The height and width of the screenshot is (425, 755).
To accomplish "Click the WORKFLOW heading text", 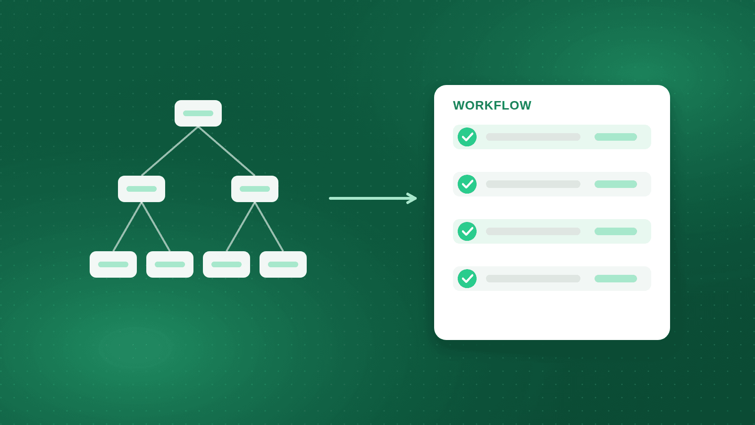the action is (492, 106).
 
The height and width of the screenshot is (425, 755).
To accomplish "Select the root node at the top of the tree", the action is (198, 113).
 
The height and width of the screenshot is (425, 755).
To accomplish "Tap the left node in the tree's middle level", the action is (142, 189).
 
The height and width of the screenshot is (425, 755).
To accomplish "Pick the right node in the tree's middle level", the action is (255, 189).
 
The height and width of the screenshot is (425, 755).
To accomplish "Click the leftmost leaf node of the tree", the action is (113, 264).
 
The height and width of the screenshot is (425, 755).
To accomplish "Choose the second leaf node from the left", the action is (170, 264).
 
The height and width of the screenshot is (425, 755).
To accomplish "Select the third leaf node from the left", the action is (226, 264).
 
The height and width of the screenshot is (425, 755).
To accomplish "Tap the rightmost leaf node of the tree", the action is (283, 264).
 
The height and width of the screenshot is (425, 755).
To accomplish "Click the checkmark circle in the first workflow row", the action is (467, 137).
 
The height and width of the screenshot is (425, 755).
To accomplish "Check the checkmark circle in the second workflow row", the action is (467, 184).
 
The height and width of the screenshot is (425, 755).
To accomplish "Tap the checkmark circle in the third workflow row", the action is (467, 231).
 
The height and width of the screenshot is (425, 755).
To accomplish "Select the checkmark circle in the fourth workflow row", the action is (467, 279).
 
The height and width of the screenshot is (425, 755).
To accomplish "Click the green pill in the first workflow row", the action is (616, 137).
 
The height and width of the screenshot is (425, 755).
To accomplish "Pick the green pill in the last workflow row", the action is (616, 279).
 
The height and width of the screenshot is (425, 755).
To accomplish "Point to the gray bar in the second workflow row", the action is (533, 184).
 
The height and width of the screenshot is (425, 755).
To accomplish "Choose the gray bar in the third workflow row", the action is (533, 231).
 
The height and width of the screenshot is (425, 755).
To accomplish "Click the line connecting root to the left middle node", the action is (170, 151).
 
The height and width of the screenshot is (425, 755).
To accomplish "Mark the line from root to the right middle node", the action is (226, 151).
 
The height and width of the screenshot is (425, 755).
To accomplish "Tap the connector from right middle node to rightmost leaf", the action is (269, 227).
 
